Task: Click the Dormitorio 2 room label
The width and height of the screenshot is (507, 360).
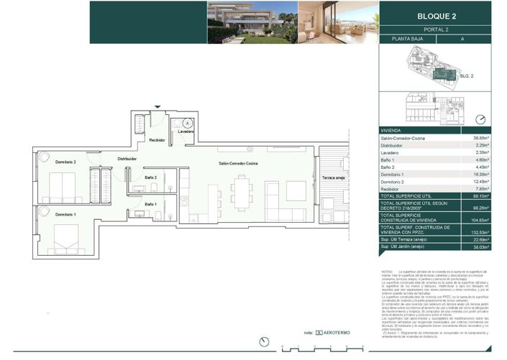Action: [x=65, y=162]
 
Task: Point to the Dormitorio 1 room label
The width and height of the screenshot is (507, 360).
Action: [x=65, y=214]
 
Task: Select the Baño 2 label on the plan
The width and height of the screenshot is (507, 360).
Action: [x=150, y=177]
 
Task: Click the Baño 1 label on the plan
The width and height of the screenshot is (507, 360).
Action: [x=150, y=205]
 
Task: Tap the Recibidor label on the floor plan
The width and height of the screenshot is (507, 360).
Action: [x=157, y=140]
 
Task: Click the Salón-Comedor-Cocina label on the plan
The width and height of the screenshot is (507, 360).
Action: [x=239, y=165]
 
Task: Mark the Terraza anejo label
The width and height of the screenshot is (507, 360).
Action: [x=334, y=177]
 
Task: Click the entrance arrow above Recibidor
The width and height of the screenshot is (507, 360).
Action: [x=157, y=108]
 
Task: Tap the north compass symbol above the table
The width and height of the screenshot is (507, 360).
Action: [x=480, y=119]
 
